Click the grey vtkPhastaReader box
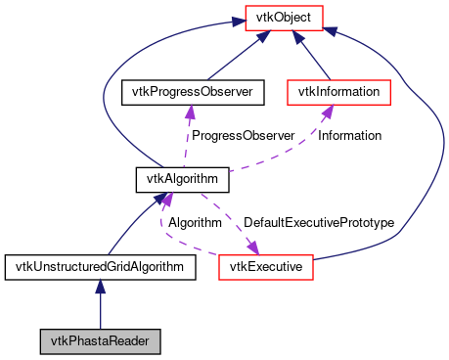100,341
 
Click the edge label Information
349,135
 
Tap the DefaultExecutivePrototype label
318,223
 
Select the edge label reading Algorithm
195,223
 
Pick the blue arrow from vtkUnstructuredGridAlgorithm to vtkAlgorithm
132,227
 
